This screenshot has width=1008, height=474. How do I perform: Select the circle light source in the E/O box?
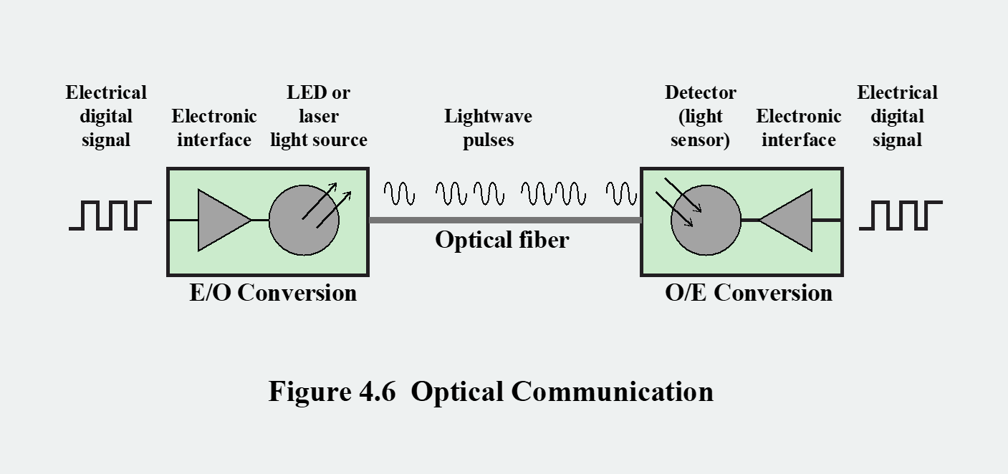click(x=304, y=221)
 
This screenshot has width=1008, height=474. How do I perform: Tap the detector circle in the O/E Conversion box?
click(x=706, y=221)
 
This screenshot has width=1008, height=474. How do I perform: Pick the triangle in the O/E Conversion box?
click(x=790, y=221)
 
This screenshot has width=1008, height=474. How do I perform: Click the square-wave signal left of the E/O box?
click(x=110, y=216)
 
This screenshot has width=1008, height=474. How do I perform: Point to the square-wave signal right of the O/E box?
click(x=901, y=216)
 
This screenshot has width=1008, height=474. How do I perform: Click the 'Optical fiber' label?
click(x=501, y=240)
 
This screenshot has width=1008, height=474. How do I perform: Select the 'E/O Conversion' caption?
click(x=273, y=293)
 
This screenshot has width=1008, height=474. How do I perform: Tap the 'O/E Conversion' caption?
click(x=749, y=293)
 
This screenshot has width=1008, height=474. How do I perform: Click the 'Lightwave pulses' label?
click(x=488, y=127)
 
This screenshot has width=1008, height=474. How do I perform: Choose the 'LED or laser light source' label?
click(x=319, y=116)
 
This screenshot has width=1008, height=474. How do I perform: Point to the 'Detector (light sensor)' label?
click(x=700, y=116)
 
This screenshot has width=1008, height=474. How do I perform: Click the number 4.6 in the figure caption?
click(x=377, y=392)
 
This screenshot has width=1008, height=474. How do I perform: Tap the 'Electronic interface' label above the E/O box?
click(x=214, y=127)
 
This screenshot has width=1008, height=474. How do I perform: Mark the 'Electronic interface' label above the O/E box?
click(x=798, y=127)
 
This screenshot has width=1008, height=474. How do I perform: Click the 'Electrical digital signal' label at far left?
click(x=106, y=116)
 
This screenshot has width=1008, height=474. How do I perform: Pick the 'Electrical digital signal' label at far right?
click(x=897, y=116)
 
